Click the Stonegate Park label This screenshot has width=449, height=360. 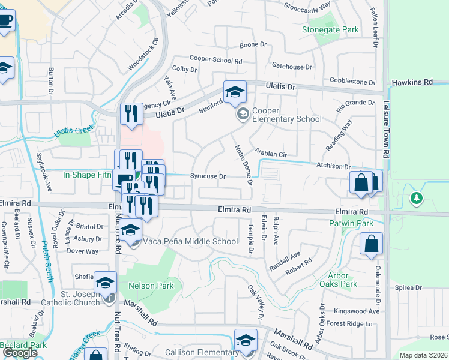click(x=330, y=29)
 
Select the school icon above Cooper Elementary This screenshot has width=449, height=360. click(x=235, y=92)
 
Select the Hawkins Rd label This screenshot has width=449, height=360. click(x=412, y=82)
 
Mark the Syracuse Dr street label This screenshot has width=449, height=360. click(x=208, y=176)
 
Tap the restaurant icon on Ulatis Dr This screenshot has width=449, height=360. click(x=131, y=113)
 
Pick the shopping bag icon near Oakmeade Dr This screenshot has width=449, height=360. click(x=371, y=244)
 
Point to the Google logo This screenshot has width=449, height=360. click(x=20, y=352)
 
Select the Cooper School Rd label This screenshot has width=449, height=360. click(x=215, y=60)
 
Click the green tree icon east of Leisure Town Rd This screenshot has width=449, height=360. click(x=415, y=197)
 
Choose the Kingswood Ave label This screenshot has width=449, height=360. click(x=357, y=311)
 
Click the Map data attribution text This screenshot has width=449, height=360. click(x=423, y=355)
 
